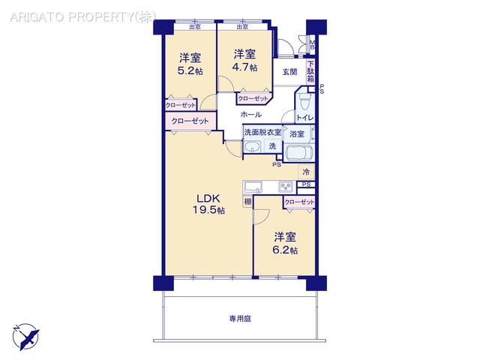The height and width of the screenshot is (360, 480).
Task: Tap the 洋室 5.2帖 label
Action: (190, 64)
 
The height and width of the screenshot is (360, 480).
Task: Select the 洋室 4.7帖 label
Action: (244, 60)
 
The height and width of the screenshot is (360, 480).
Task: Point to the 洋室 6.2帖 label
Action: (285, 241)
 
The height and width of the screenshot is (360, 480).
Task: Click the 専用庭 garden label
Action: (240, 319)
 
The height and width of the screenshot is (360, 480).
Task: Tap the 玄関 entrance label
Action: (290, 72)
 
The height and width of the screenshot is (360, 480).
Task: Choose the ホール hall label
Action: (251, 115)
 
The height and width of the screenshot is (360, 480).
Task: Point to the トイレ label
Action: (304, 118)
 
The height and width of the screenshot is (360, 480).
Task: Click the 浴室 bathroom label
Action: (297, 134)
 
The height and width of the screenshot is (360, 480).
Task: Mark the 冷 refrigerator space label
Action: (305, 172)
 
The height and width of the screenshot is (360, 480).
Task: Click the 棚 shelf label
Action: (247, 202)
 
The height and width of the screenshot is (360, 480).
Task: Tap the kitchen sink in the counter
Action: (251, 187)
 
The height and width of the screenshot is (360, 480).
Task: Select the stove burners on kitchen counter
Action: (286, 187)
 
